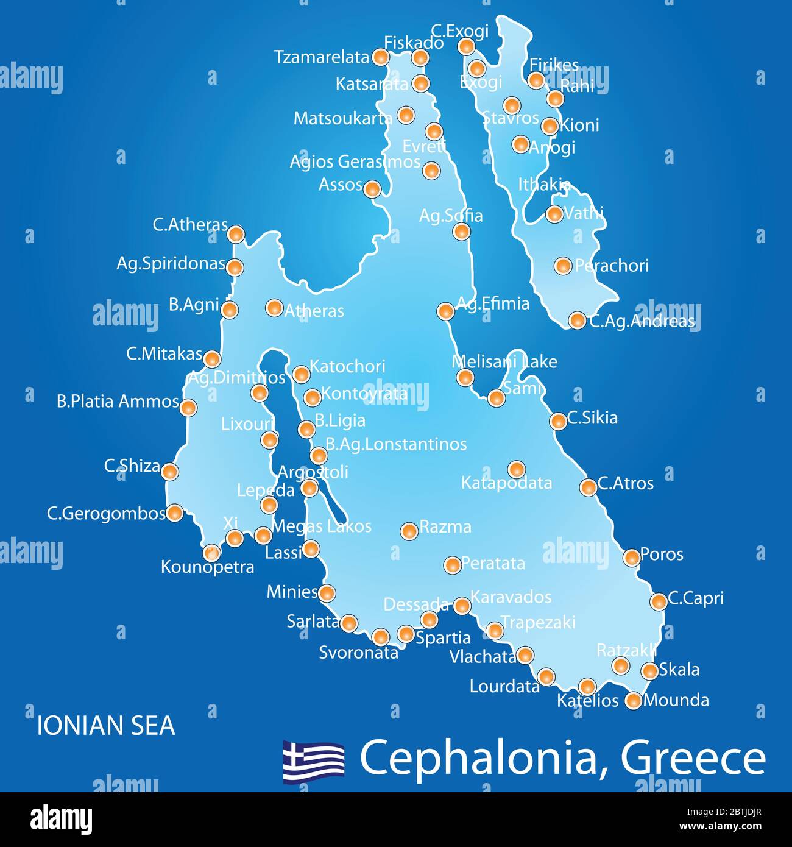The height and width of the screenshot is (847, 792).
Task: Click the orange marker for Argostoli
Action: [x=309, y=487]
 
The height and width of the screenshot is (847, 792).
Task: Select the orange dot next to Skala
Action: [x=650, y=671]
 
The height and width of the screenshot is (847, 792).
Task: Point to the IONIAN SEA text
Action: [x=106, y=726]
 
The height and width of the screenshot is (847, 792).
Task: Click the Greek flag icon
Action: [x=313, y=760]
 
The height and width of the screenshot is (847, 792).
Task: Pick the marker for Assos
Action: [x=372, y=189]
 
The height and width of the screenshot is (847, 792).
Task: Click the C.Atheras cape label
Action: [x=190, y=225]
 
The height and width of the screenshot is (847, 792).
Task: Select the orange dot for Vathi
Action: [x=554, y=214]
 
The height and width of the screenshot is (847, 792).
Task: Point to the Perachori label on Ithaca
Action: [x=612, y=266]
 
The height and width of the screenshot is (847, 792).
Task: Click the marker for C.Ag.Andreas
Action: [x=576, y=320]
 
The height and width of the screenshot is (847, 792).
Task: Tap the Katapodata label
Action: [x=506, y=483]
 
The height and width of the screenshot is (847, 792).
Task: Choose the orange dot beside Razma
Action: [x=409, y=530]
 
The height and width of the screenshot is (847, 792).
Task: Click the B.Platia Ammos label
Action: [x=118, y=402]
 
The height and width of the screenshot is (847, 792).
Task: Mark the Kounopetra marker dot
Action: [x=211, y=552]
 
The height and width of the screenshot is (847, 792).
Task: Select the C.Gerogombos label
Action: [x=106, y=514]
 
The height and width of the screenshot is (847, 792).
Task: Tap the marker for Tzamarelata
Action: [x=380, y=57]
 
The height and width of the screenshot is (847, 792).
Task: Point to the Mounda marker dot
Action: [x=634, y=701]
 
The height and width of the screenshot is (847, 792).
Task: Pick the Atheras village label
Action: [x=314, y=311]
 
